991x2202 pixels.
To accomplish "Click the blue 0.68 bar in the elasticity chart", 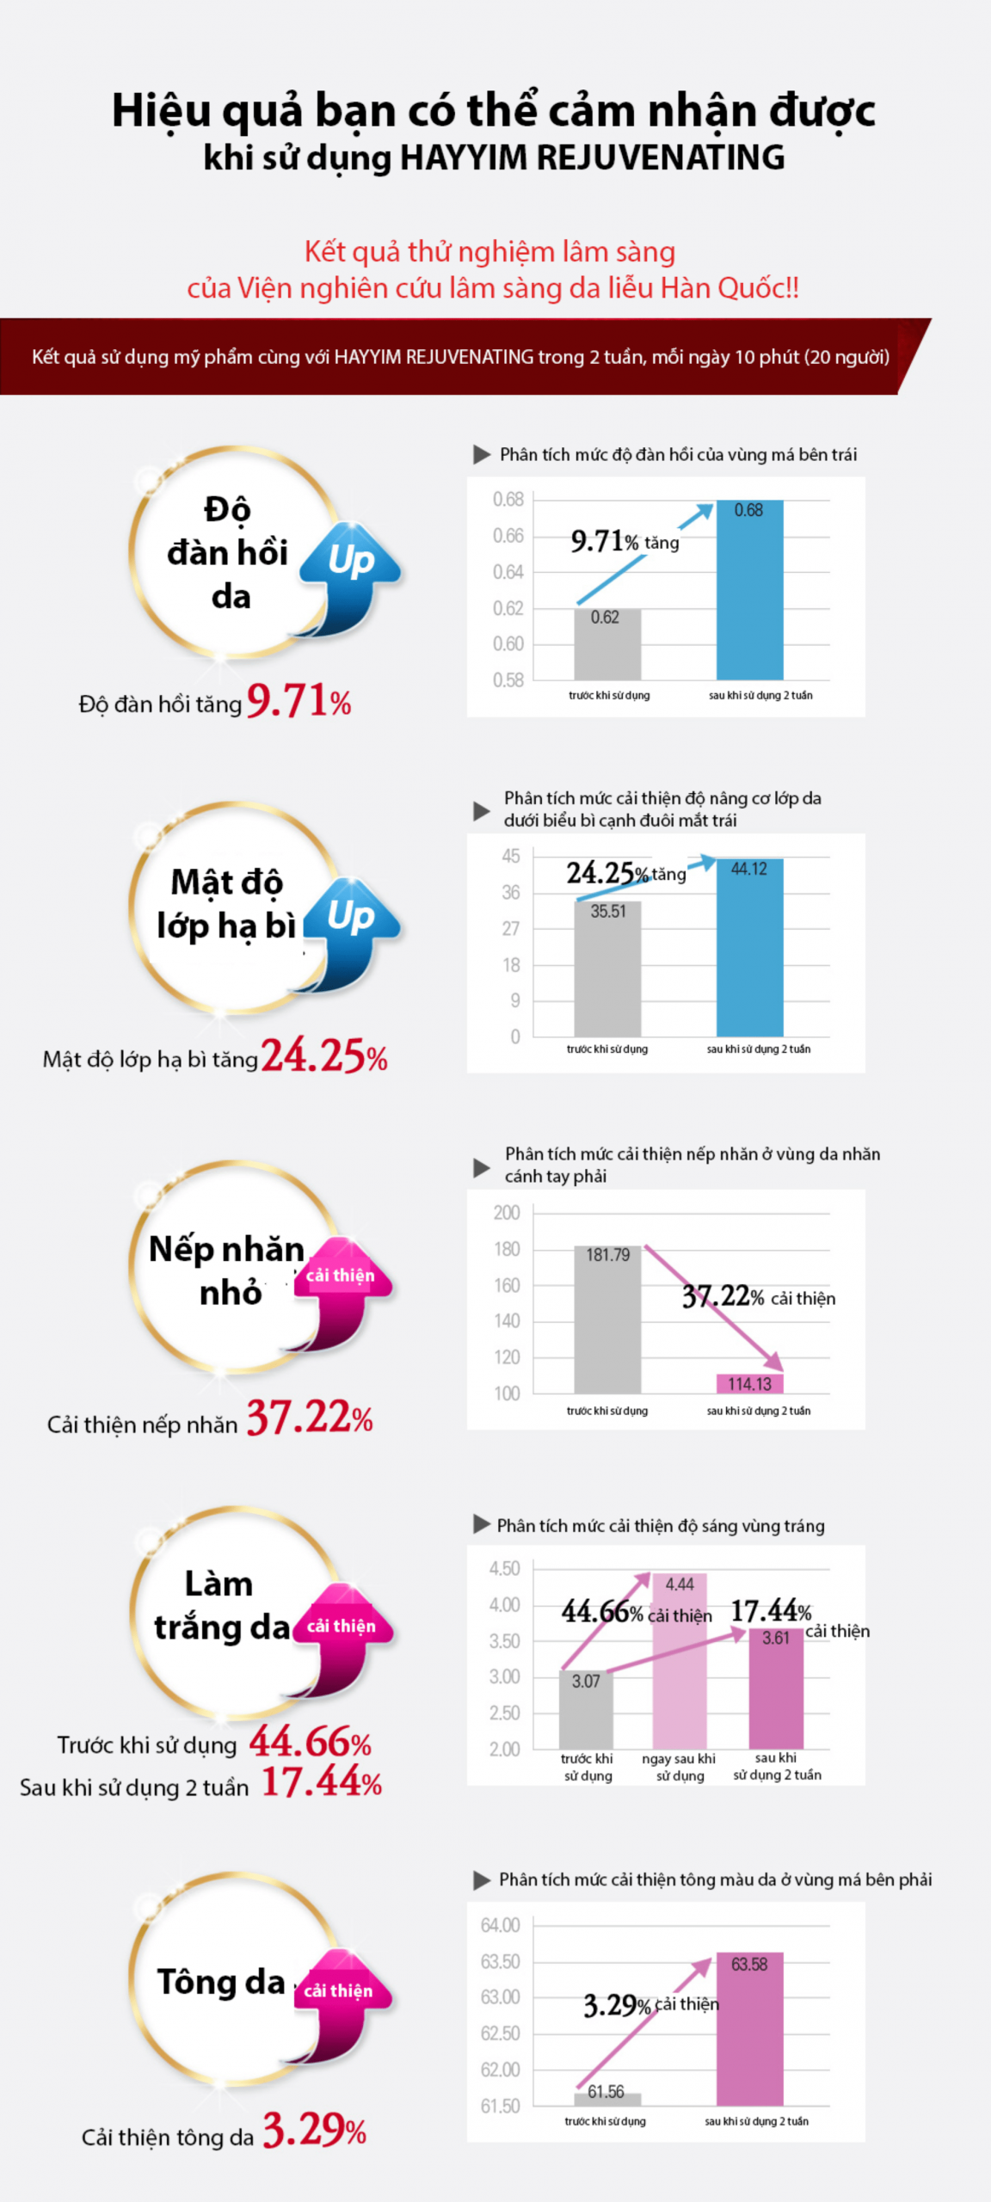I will [x=749, y=594].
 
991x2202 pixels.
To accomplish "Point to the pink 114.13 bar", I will [x=749, y=1383].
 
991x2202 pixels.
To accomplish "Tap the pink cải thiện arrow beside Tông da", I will [x=341, y=2000].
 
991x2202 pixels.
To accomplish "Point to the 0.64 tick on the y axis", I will [x=508, y=572].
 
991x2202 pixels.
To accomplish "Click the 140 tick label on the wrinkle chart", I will [x=507, y=1321].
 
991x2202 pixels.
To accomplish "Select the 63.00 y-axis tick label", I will [x=500, y=1997].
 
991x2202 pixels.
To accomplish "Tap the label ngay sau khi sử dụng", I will [x=679, y=1767].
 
